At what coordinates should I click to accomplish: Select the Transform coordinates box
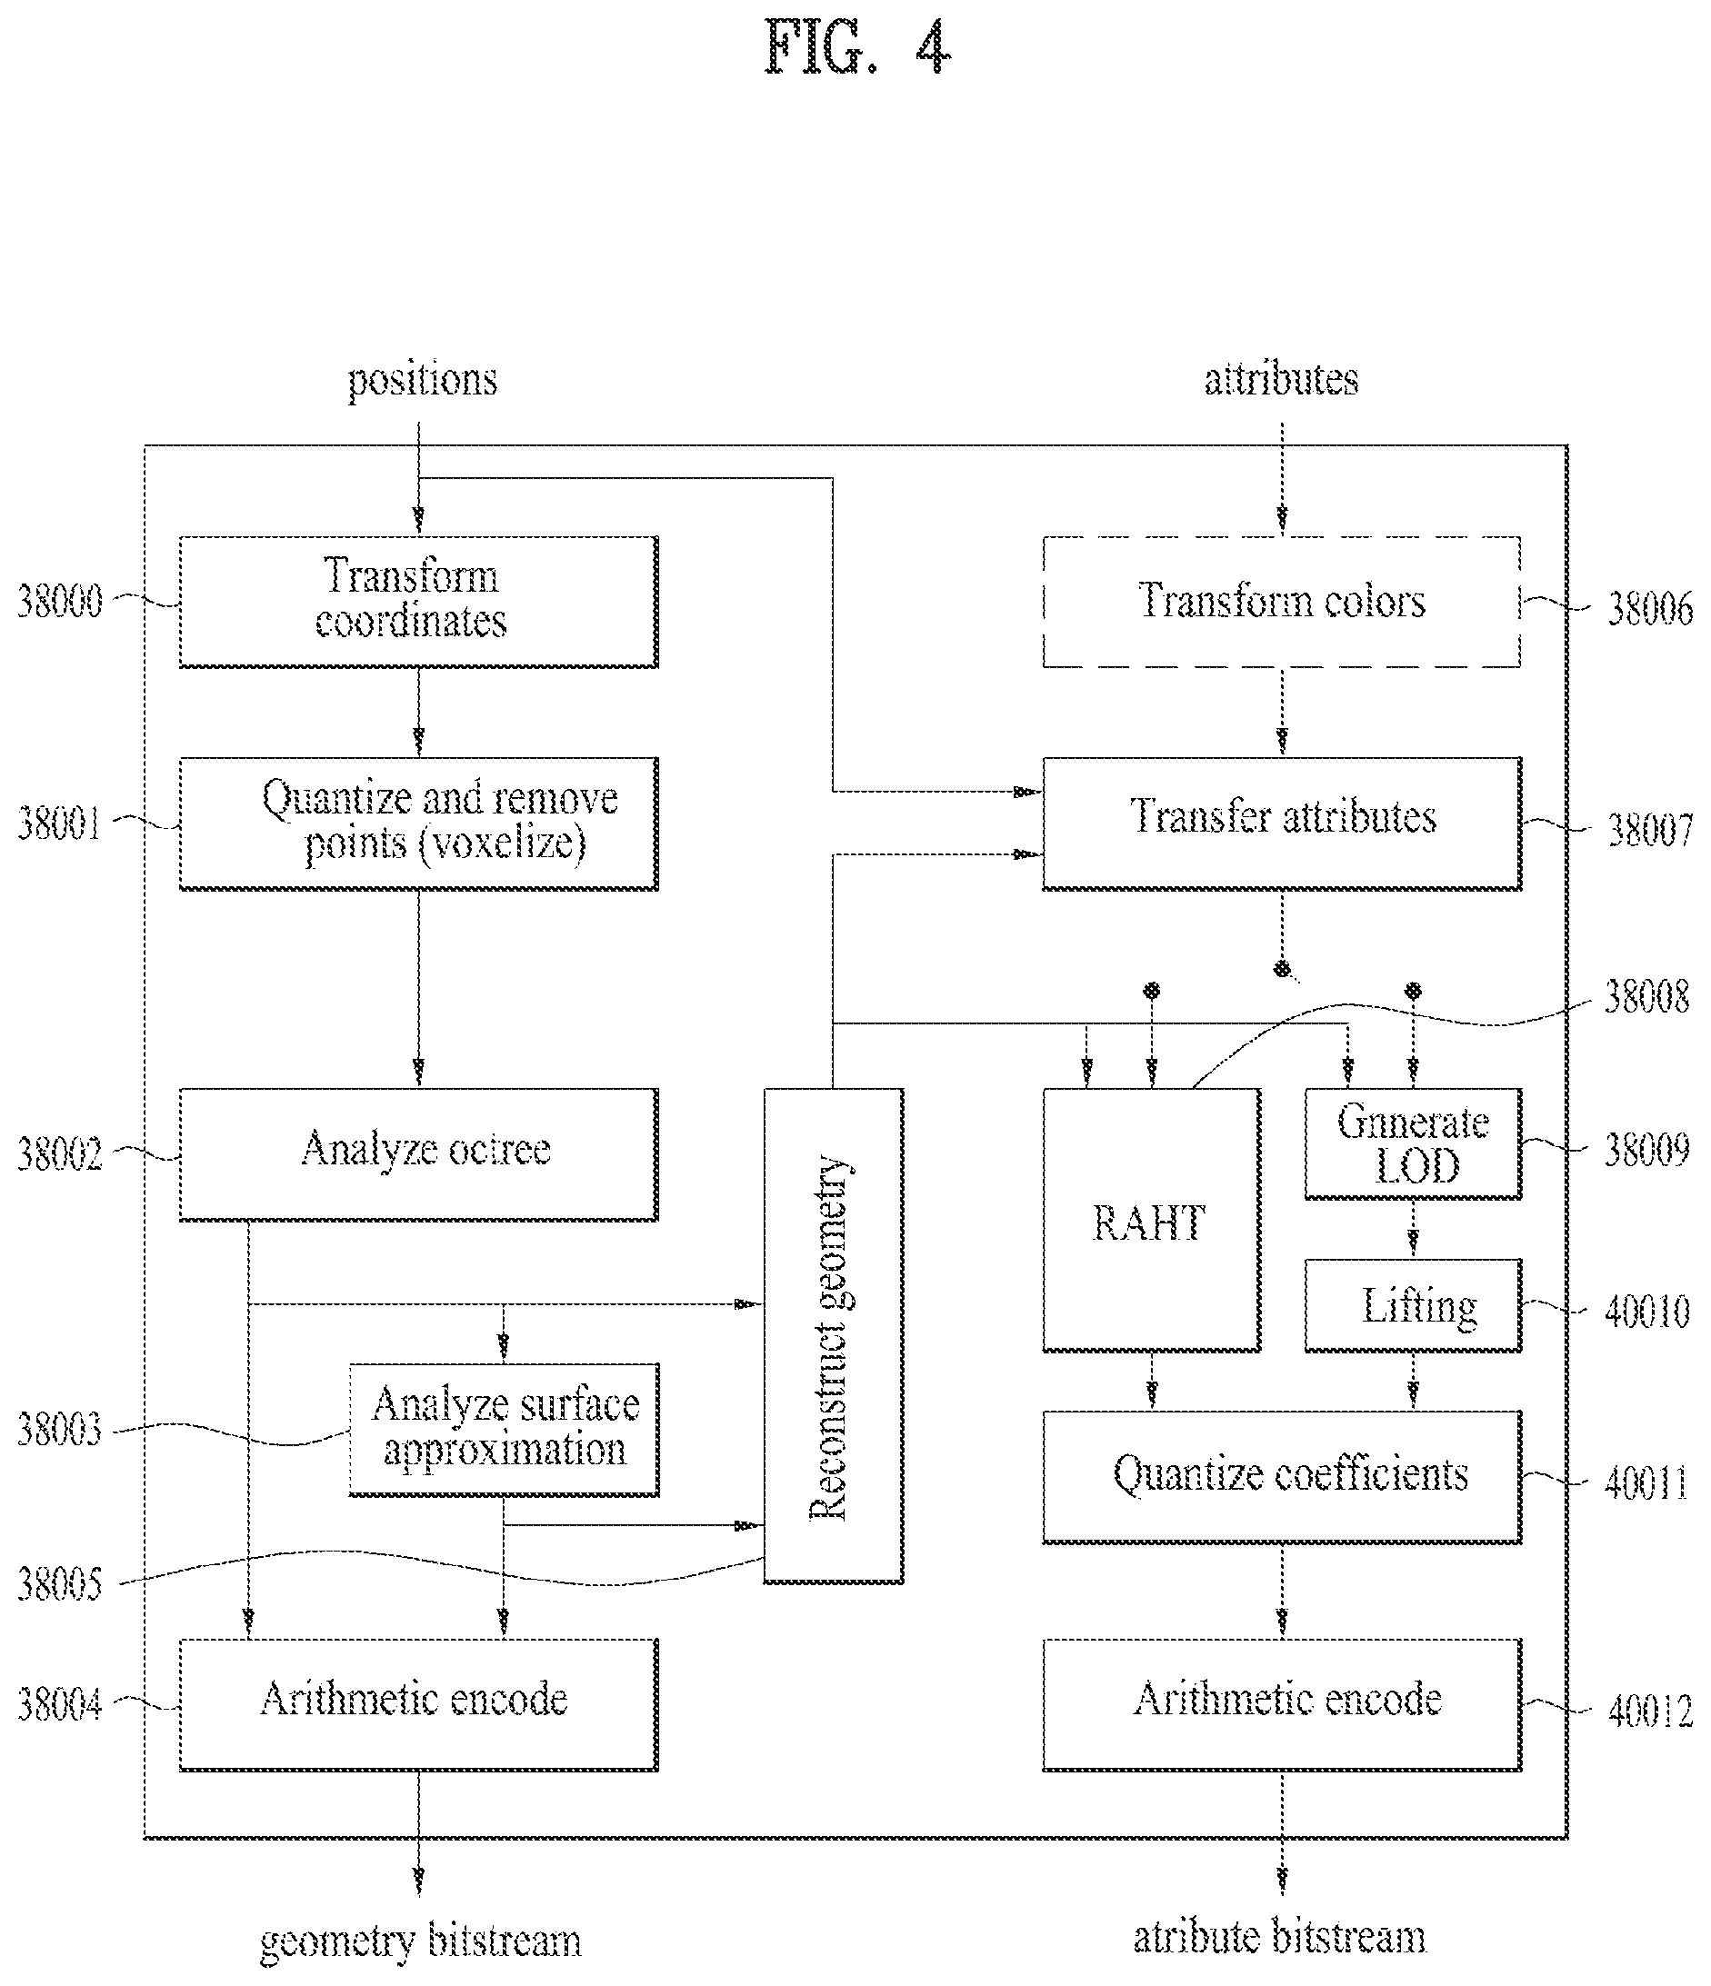coord(419,601)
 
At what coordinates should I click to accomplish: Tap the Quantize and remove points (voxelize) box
coord(419,823)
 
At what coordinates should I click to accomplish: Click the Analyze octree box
coord(419,1154)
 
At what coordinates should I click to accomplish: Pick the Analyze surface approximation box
coord(505,1429)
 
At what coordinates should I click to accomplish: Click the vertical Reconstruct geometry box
coord(833,1335)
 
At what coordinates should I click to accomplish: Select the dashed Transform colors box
coord(1282,601)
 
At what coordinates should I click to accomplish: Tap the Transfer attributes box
coord(1282,823)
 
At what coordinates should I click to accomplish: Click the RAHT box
coord(1151,1219)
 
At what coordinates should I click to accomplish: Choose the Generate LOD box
coord(1413,1143)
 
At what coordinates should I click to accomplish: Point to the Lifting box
coord(1413,1305)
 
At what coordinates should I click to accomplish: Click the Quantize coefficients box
coord(1282,1476)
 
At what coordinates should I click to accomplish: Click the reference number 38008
coord(1646,997)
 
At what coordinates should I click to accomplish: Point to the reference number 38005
coord(59,1584)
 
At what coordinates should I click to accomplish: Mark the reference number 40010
coord(1646,1312)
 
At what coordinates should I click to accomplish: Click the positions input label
coord(422,381)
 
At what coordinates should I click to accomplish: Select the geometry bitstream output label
coord(421,1941)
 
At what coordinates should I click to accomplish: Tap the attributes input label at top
coord(1282,380)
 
